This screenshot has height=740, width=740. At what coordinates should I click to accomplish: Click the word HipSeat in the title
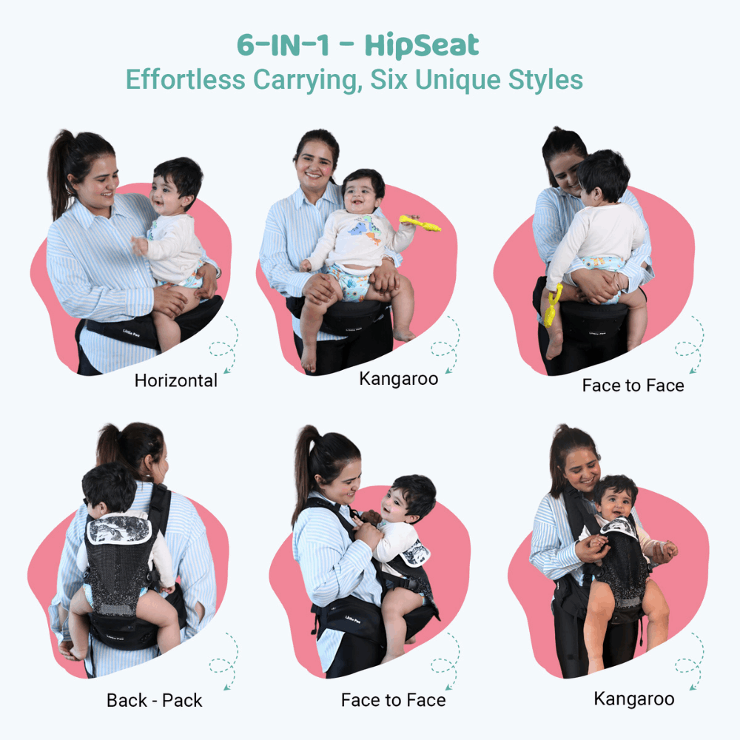(x=422, y=46)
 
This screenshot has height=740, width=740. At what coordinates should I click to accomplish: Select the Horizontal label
(x=176, y=381)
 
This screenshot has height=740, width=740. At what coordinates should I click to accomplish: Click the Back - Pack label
(x=154, y=700)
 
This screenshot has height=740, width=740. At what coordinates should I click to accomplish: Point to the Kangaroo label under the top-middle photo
(x=398, y=379)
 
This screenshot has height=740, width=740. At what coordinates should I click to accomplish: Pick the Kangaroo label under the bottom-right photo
(x=633, y=699)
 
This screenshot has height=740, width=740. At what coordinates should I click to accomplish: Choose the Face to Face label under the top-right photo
(x=633, y=386)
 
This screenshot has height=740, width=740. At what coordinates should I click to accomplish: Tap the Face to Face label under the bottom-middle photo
(x=393, y=700)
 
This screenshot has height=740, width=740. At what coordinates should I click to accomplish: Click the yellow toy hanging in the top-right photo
(x=552, y=306)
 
